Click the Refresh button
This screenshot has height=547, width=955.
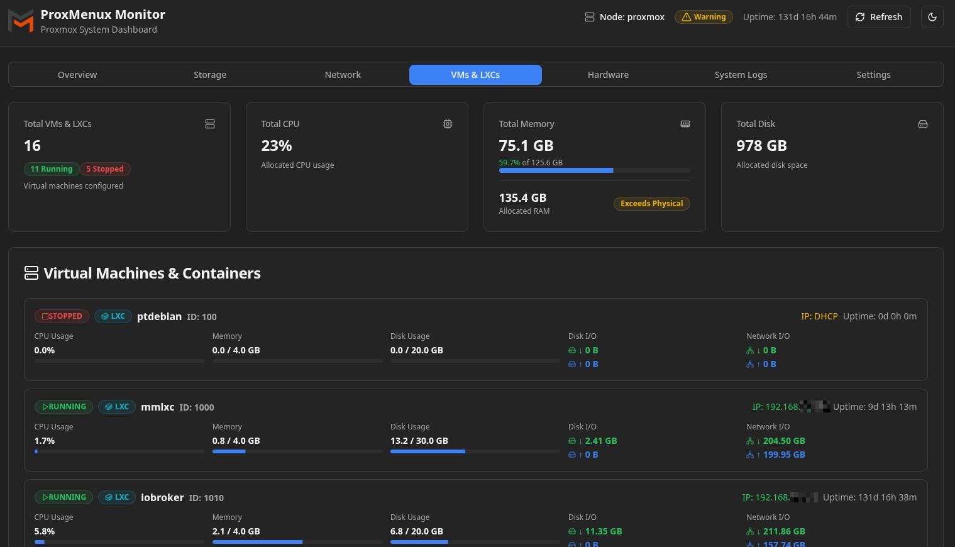tap(878, 17)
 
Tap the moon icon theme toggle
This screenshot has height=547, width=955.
tap(932, 17)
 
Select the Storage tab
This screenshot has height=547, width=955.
tap(210, 75)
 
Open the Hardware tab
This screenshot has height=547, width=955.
tap(608, 75)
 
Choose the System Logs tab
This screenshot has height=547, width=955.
tap(741, 75)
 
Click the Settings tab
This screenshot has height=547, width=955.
tap(873, 75)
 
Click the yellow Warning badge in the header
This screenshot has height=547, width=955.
tap(704, 17)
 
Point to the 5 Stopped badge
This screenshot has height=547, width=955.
tap(105, 169)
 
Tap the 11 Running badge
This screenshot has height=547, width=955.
tap(52, 169)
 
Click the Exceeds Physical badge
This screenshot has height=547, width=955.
tap(651, 204)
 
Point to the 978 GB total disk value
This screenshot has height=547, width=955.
tap(761, 146)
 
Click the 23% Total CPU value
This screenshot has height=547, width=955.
tap(277, 146)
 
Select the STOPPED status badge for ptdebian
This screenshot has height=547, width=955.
tap(62, 316)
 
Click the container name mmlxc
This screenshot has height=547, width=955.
tap(157, 407)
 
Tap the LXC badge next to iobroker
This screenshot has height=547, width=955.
tap(117, 497)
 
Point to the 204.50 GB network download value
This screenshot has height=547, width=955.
tap(783, 441)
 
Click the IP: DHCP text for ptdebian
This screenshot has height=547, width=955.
tap(819, 316)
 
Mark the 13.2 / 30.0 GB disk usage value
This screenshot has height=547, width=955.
tap(419, 441)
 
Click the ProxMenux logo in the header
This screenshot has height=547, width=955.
tap(21, 21)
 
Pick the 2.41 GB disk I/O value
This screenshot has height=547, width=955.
tap(600, 441)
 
